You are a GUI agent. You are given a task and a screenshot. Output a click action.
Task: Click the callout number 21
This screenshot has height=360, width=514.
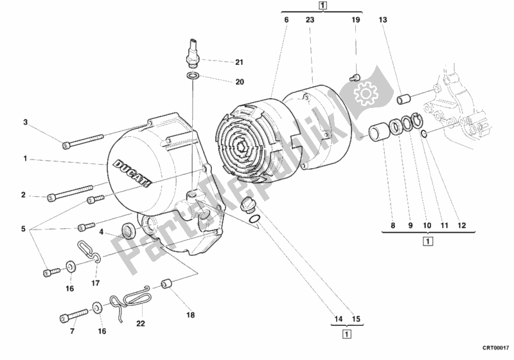[x=239, y=62]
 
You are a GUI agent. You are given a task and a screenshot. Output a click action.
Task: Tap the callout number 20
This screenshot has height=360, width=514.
[x=239, y=82]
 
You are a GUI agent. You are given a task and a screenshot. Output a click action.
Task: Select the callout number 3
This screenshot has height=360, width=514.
[x=26, y=122]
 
